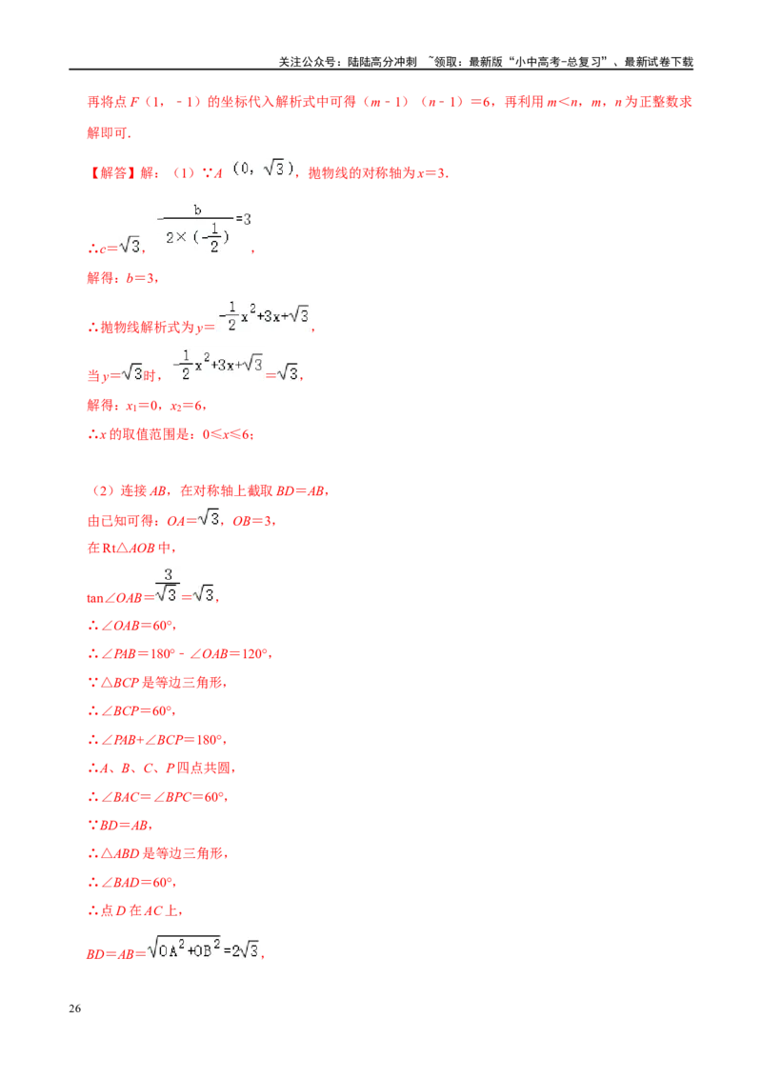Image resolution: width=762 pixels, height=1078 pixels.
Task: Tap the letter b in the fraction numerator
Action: [197, 209]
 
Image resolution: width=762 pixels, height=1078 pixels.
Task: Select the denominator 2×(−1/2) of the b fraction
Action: [198, 237]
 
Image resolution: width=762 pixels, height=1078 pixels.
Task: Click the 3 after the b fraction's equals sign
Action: [247, 219]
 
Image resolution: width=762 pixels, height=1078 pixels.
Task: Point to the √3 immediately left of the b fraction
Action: [128, 243]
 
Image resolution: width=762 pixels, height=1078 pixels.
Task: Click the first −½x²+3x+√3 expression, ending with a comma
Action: [264, 316]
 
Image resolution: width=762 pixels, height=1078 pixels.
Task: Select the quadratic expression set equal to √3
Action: [216, 366]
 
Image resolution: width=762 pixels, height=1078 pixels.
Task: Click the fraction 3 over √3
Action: [167, 585]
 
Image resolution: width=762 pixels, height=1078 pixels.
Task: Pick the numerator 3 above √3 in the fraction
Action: [167, 573]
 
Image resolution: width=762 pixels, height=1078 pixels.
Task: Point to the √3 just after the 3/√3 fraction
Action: [205, 594]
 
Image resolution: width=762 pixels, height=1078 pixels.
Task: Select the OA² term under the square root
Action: [169, 948]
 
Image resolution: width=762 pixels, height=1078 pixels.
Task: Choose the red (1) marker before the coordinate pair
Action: [180, 173]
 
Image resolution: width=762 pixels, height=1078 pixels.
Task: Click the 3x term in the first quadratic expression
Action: [272, 316]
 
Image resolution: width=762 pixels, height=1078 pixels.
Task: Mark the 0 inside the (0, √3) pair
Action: [236, 168]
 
